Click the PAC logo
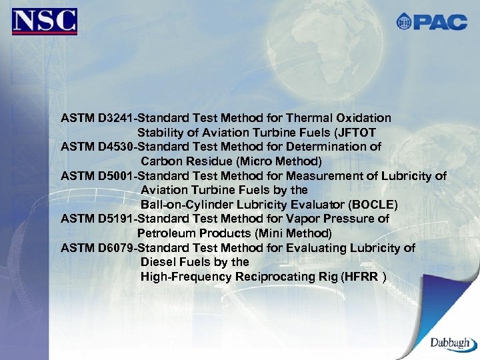(x=431, y=22)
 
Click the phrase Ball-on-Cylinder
(x=181, y=204)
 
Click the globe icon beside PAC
(x=404, y=22)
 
